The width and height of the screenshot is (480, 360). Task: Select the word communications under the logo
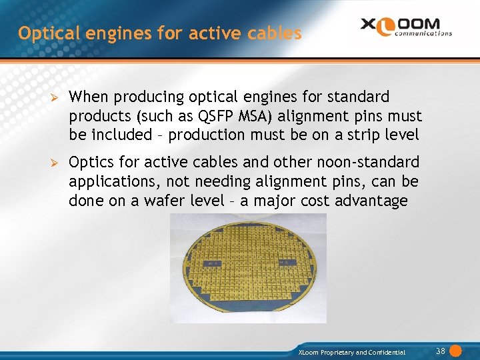(x=423, y=33)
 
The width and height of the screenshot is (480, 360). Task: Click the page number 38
(x=440, y=351)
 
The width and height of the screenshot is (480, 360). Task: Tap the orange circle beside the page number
(x=456, y=351)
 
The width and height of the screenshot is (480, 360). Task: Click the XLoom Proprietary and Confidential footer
(x=351, y=352)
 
